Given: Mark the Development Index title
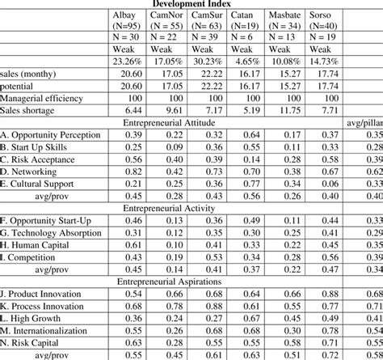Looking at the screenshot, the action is pos(191,3).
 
